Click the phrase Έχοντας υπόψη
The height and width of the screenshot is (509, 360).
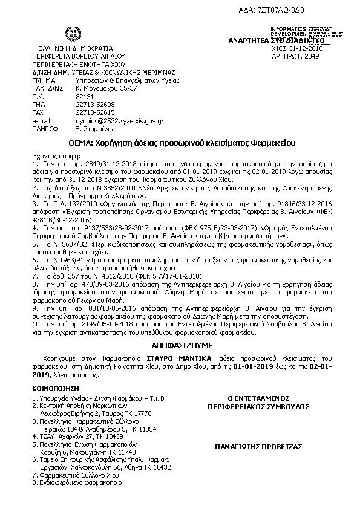point(49,155)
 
